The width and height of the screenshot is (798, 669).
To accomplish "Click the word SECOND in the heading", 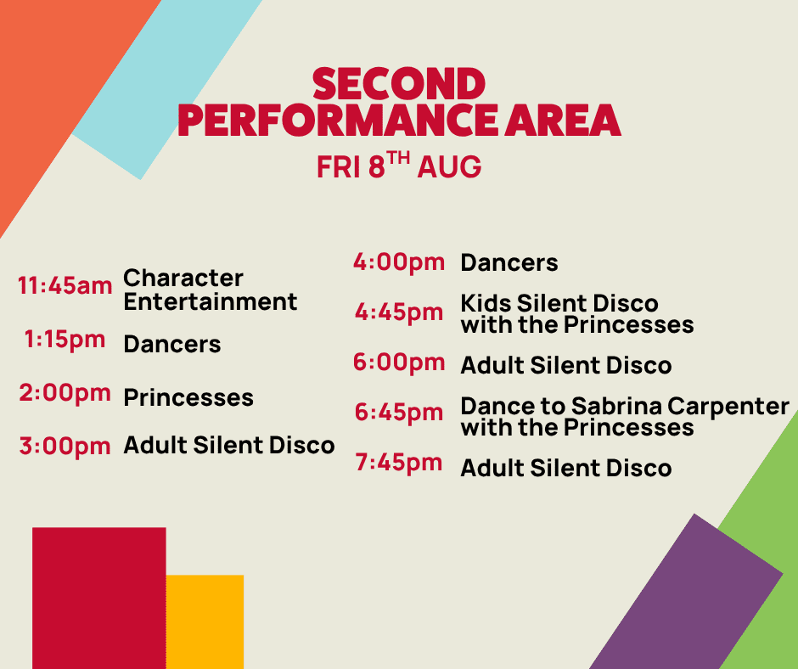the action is point(399,84).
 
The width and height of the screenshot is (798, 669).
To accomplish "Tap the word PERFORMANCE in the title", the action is point(337,121).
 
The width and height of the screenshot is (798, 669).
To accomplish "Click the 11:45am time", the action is point(65,285).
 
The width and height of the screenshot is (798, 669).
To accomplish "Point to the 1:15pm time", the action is point(65,340).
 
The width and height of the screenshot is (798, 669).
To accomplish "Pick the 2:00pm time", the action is point(65,393).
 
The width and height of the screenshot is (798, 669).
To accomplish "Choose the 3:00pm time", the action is point(65,446).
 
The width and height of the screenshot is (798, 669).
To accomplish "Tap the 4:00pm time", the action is point(399,262).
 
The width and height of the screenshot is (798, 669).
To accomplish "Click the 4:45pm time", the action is point(399,312).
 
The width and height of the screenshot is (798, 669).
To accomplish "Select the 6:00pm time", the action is point(399,363).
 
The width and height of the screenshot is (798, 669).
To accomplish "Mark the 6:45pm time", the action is point(399,413).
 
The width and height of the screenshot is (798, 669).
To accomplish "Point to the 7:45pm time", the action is point(399,463).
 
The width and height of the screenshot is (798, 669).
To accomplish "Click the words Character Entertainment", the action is point(211,290).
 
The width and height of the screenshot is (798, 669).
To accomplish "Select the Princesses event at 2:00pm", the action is point(188,397).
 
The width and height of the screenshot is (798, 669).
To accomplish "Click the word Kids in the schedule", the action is point(486,303).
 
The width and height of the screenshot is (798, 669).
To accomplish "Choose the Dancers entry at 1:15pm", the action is point(172,344).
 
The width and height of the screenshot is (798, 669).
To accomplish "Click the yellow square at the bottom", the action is point(205,621).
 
